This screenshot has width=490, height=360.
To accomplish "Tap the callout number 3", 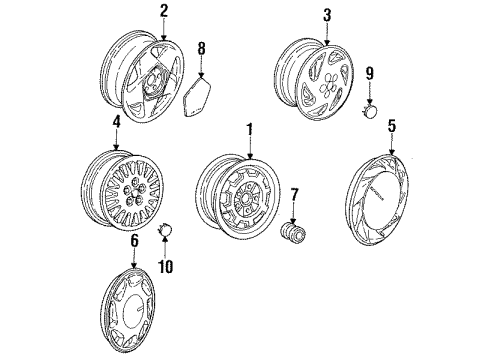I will tap(326, 17).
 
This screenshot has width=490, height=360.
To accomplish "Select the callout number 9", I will tap(369, 72).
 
